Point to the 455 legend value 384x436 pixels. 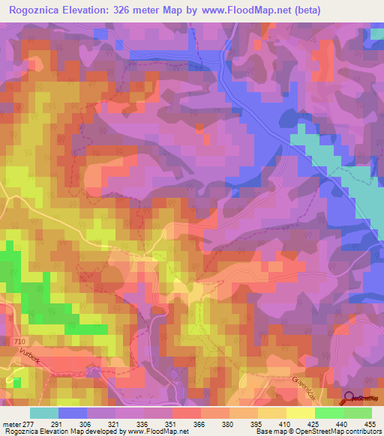click(x=369, y=423)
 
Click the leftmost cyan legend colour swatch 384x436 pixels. click(x=44, y=413)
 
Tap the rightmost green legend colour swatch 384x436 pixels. click(x=358, y=413)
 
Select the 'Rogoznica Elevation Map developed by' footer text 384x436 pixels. click(x=50, y=432)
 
